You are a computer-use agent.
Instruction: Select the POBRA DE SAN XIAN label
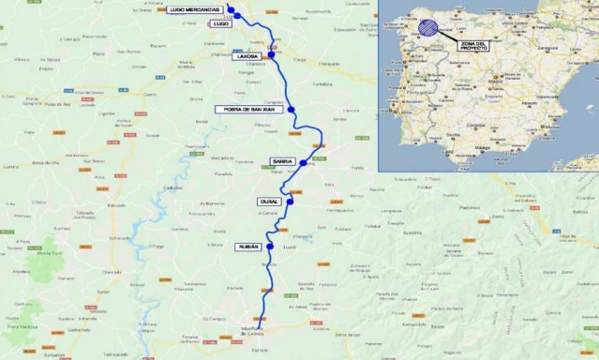[x=247, y=109]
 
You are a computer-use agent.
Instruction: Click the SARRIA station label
[x=283, y=161]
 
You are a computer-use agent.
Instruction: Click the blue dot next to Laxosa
[x=269, y=55]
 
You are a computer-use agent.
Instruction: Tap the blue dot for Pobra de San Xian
[x=292, y=110]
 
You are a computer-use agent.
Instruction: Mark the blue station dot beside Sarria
[x=303, y=163]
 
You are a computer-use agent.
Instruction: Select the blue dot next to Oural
[x=291, y=200]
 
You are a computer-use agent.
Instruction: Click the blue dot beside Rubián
[x=270, y=247]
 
